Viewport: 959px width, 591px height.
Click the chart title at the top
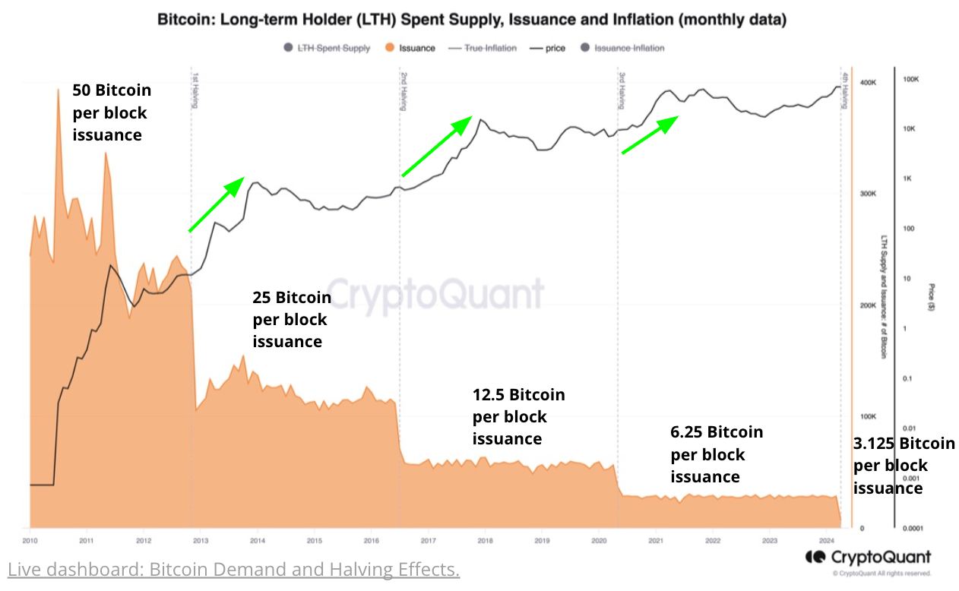point(471,20)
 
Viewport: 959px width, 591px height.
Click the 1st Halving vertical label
point(195,90)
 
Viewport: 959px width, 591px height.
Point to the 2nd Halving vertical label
point(404,90)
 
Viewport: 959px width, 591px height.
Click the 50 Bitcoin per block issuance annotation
point(111,112)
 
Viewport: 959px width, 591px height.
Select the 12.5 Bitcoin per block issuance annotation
point(518,416)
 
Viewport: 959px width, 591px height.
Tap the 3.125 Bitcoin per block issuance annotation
point(903,465)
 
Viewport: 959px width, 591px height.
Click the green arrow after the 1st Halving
point(216,204)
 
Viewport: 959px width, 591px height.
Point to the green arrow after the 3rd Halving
point(650,134)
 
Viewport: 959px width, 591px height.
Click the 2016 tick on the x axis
point(371,541)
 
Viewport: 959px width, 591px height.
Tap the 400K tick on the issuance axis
point(869,82)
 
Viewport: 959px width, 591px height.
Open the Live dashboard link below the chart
point(233,569)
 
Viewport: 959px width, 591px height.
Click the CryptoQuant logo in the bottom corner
point(868,557)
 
